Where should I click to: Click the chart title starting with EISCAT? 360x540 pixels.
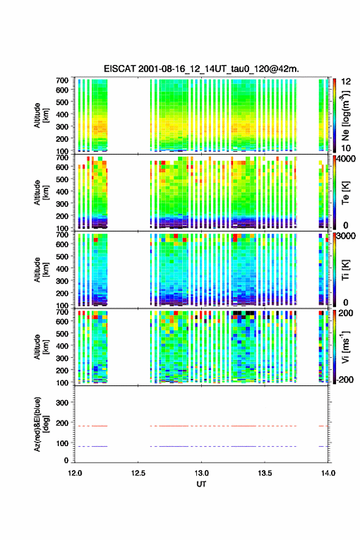pos(201,69)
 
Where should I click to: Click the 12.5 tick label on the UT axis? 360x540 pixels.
pos(138,473)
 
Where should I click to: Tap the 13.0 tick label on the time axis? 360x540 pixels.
pos(201,473)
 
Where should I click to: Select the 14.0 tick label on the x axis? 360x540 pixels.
pos(328,473)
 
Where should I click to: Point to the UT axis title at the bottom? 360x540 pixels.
pos(201,484)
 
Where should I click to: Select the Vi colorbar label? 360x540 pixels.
pos(345,347)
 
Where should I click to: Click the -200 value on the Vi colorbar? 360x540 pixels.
pos(345,379)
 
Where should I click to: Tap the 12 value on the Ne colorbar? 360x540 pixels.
pos(346,82)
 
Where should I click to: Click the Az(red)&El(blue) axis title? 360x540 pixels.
pos(41,424)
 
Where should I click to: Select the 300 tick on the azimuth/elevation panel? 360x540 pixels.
pos(62,403)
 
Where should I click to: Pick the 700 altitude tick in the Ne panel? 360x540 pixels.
pos(62,80)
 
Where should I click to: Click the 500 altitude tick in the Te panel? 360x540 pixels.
pos(62,179)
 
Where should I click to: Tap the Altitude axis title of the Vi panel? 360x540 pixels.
pos(41,347)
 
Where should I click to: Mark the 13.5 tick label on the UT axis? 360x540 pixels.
pos(265,473)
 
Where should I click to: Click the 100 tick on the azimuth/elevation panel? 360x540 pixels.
pos(62,443)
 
